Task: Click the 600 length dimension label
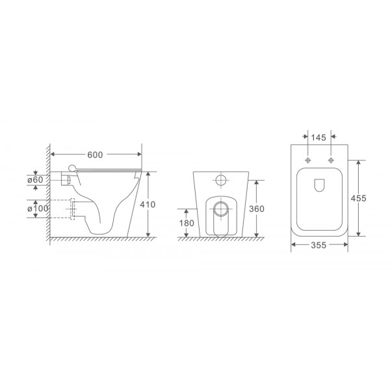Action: [x=96, y=155]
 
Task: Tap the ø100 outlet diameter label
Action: [x=37, y=208]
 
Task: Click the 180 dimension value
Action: [x=187, y=224]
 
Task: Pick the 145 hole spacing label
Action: [x=318, y=138]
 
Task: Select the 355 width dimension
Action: [x=318, y=245]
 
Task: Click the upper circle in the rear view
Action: [x=222, y=180]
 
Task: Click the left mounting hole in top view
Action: [x=305, y=159]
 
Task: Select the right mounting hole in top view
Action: [x=331, y=159]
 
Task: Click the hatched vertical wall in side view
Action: [x=47, y=195]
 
